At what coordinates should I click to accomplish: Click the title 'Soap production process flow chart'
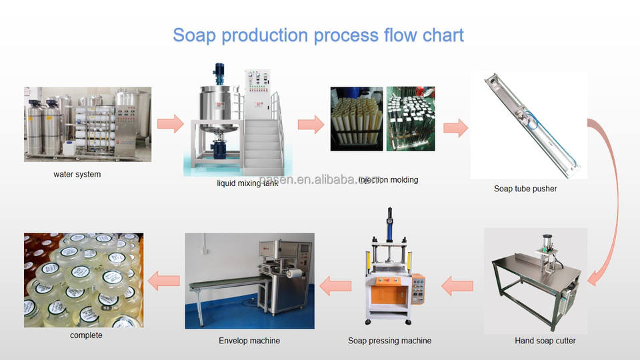click(x=318, y=35)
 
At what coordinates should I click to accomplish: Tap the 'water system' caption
click(x=77, y=175)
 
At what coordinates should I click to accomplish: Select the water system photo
click(x=87, y=124)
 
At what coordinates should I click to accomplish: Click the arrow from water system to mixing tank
click(x=169, y=123)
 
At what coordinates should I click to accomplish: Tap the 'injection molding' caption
click(x=389, y=180)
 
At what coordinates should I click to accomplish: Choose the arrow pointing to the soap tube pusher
click(x=455, y=127)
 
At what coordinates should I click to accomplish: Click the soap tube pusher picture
click(x=529, y=125)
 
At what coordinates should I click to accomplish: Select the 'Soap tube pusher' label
click(x=525, y=189)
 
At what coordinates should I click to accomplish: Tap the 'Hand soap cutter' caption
click(x=545, y=341)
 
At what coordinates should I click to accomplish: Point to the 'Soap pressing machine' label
click(x=389, y=341)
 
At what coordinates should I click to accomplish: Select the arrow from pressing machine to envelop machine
click(x=335, y=286)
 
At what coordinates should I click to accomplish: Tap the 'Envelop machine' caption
click(x=249, y=341)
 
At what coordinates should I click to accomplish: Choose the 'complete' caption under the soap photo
click(x=86, y=335)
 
